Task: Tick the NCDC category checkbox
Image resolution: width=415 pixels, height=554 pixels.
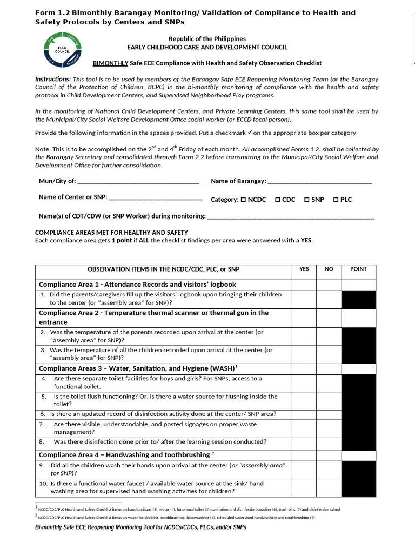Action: click(243, 200)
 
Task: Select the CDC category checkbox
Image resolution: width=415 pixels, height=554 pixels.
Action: click(277, 200)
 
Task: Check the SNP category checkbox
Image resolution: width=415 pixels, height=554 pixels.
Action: click(306, 200)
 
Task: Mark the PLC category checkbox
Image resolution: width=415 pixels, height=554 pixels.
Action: click(336, 200)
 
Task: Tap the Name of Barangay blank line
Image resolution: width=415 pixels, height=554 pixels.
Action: click(320, 182)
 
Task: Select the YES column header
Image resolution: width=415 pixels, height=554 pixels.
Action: click(304, 269)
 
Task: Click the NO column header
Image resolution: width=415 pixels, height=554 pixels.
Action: click(329, 269)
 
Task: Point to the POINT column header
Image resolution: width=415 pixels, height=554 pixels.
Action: click(358, 269)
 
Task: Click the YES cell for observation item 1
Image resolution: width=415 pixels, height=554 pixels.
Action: click(304, 299)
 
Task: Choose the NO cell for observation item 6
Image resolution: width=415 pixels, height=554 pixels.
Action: click(329, 414)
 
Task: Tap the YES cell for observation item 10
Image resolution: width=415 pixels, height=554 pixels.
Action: click(304, 487)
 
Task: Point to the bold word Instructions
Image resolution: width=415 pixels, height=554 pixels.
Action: click(52, 79)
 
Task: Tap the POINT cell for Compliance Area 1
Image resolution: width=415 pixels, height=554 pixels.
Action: click(358, 285)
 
